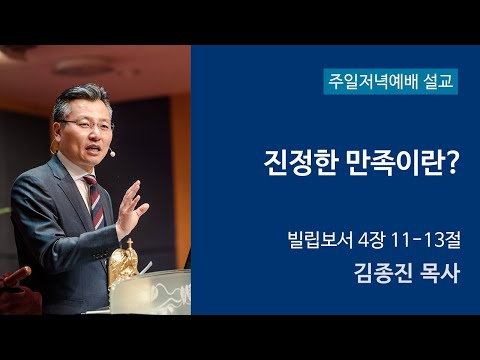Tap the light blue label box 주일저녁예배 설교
390,80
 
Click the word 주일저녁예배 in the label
372,80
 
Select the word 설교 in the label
437,80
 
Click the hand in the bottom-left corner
15,279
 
